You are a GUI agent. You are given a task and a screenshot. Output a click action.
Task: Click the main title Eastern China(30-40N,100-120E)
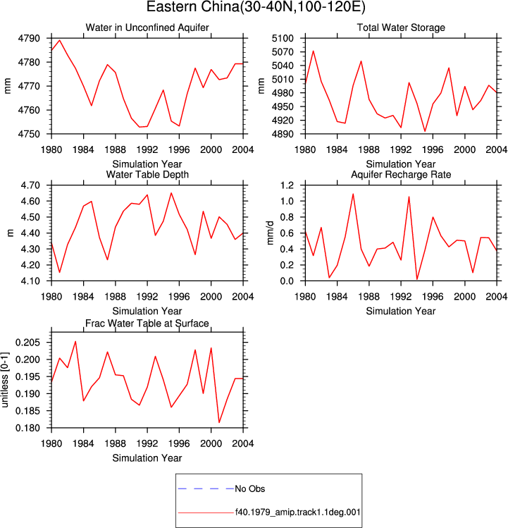pos(256,7)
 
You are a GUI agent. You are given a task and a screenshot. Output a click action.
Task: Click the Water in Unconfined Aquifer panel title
pos(147,27)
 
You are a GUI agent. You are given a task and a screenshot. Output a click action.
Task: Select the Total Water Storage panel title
pos(401,27)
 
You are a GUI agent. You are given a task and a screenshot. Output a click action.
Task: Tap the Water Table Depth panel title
pos(147,174)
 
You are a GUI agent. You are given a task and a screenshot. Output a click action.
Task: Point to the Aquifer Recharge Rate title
pos(401,174)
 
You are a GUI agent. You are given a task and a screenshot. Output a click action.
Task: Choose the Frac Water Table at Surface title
pos(147,324)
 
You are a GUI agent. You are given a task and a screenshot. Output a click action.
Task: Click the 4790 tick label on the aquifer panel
pos(29,38)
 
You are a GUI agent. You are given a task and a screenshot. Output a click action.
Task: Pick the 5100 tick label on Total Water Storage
pos(283,38)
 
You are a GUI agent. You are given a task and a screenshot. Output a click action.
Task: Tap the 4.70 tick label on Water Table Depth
pos(30,185)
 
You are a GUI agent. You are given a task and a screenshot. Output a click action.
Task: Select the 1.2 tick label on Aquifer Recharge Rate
pos(287,185)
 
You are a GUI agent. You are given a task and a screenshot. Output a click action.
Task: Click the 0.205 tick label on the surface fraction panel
pos(27,343)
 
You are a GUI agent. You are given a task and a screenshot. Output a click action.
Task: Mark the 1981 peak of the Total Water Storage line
pos(313,51)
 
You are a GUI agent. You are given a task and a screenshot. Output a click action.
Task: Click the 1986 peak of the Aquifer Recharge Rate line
pos(353,194)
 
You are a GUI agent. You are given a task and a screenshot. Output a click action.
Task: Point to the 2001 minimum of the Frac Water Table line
pos(219,422)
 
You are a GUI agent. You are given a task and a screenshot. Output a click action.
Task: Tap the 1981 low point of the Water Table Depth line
pos(60,272)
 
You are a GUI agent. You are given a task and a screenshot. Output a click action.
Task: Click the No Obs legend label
pos(250,489)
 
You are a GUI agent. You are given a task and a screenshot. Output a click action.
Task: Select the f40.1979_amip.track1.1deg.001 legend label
pos(297,512)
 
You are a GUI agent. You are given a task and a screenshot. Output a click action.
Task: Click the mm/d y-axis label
pos(270,233)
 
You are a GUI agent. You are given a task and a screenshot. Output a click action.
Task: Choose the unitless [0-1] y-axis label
pos(5,380)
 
